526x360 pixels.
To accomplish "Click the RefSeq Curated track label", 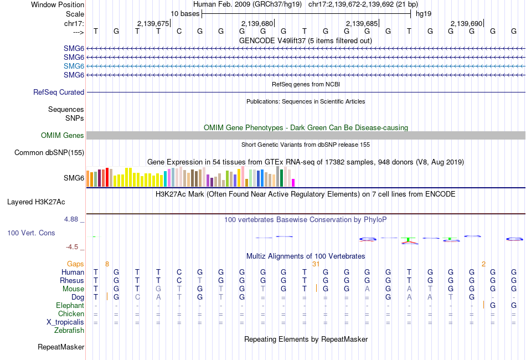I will [x=59, y=92].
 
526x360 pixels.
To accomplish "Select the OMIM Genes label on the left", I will [x=63, y=135].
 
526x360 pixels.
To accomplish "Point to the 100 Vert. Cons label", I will [x=31, y=233].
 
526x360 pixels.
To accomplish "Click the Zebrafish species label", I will [x=69, y=330].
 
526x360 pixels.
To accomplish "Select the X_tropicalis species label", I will [x=65, y=322].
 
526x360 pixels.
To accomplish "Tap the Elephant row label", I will [x=70, y=305].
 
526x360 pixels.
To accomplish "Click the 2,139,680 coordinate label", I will [x=257, y=23].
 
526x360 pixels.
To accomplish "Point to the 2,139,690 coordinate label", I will [x=466, y=23].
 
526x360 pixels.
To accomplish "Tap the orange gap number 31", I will [x=316, y=264].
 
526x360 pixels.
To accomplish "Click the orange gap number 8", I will [x=107, y=264].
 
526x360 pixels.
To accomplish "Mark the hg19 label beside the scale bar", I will [x=424, y=13].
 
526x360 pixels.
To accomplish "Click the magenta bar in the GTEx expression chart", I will [x=293, y=182].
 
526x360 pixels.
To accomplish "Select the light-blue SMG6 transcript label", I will [x=74, y=66].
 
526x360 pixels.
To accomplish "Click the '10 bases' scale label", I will [x=184, y=13].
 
